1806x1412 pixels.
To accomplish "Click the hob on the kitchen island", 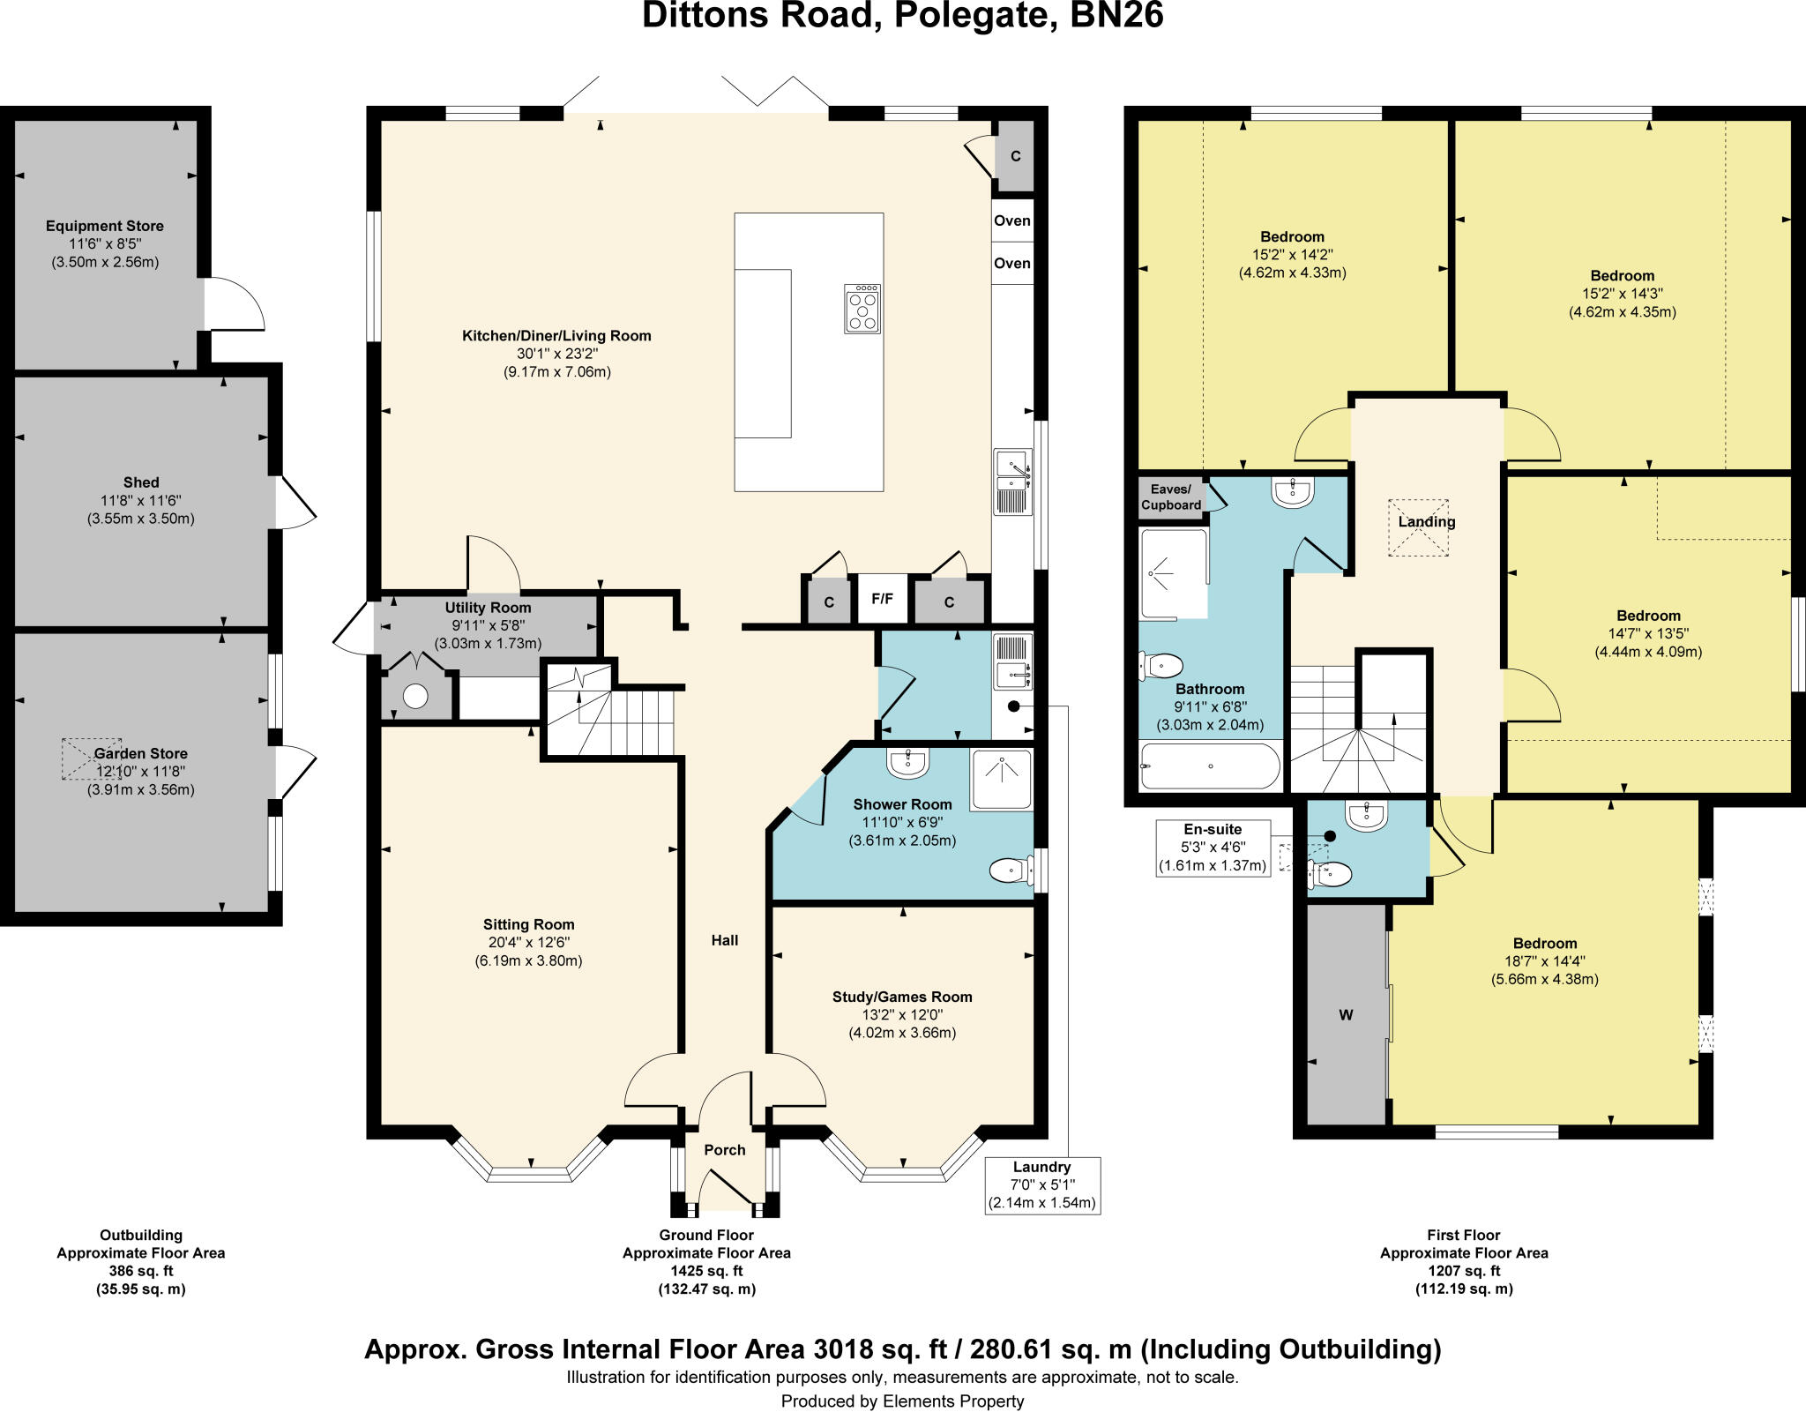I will (x=862, y=309).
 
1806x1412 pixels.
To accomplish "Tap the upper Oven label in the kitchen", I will (x=1011, y=220).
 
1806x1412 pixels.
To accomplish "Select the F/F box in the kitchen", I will (x=882, y=600).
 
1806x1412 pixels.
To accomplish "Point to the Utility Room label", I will (x=488, y=608).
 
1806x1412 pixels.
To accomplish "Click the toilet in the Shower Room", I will (x=1011, y=870).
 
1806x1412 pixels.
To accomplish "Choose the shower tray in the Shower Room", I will (x=1001, y=779).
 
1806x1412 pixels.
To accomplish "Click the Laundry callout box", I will (x=1041, y=1184).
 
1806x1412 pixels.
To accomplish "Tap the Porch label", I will (x=725, y=1150).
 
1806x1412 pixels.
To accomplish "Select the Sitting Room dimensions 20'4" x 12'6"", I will (x=528, y=943).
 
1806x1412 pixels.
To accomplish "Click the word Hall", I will (x=725, y=940).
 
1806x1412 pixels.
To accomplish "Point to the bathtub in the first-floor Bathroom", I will (x=1209, y=766).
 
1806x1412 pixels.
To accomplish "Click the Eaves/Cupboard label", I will (x=1170, y=497).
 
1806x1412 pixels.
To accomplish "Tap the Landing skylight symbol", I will (x=1419, y=527).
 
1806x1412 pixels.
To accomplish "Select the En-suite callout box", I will (x=1213, y=848).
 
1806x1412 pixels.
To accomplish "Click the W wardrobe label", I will (x=1346, y=1015).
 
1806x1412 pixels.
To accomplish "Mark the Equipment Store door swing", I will (x=234, y=304).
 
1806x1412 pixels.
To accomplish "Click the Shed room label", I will (x=141, y=482).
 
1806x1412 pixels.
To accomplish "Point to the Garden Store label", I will (x=141, y=753).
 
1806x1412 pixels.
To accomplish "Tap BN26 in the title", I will (x=1116, y=16).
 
